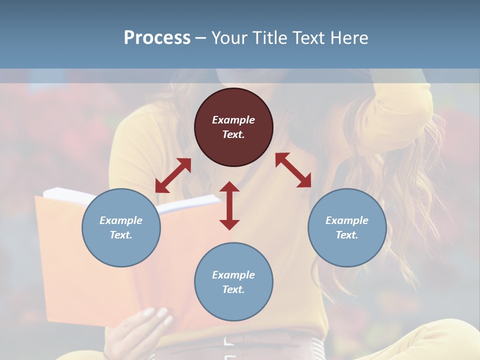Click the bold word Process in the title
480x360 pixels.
157,38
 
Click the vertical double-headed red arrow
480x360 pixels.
229,205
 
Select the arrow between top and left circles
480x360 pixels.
173,175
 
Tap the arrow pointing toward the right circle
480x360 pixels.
293,170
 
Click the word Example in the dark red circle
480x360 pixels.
233,120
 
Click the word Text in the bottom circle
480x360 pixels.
232,289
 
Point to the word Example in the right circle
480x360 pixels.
347,220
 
